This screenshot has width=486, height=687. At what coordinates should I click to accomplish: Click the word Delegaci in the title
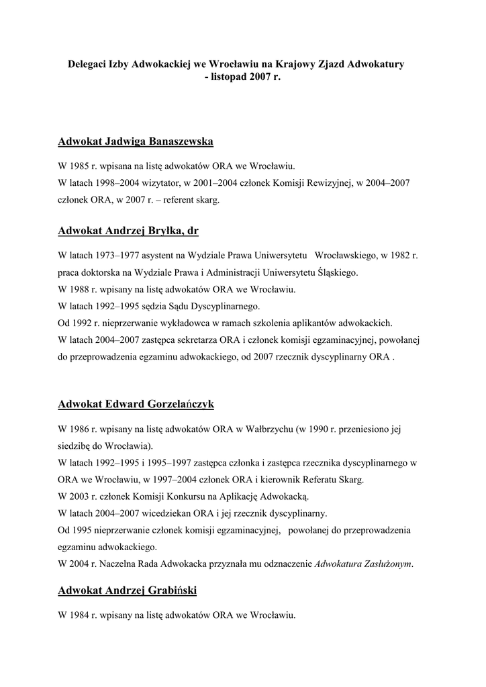pos(89,65)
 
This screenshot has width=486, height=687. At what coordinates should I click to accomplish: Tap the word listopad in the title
pos(230,77)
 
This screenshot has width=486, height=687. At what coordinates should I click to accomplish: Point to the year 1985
pos(81,166)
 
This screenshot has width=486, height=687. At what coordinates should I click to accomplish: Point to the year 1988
pos(81,290)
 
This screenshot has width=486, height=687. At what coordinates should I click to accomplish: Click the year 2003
pos(81,496)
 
